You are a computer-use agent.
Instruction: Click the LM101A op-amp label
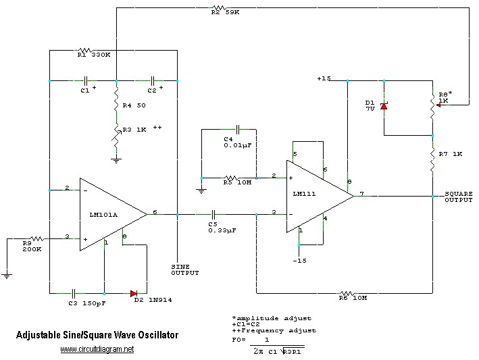(x=103, y=215)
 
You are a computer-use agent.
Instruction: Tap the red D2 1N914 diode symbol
(x=134, y=294)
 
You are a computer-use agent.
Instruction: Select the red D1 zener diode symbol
(x=384, y=105)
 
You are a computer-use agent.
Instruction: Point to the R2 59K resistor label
(x=226, y=12)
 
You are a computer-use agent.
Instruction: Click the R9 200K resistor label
(x=32, y=245)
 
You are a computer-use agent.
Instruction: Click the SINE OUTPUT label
(x=185, y=270)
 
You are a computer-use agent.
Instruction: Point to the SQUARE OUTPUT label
(x=459, y=197)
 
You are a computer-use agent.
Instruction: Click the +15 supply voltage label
(x=324, y=78)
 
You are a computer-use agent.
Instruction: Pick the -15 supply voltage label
(x=300, y=261)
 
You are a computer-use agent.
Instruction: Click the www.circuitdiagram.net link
(x=97, y=349)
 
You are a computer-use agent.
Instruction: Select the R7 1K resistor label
(x=451, y=154)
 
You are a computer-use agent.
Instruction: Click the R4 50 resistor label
(x=134, y=106)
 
